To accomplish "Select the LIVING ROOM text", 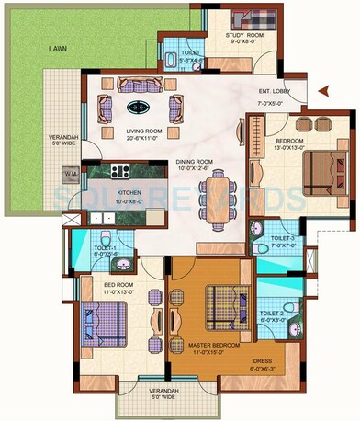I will (x=144, y=131).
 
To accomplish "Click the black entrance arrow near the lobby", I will (x=321, y=90).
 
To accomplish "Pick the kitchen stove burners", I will (x=120, y=169).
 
